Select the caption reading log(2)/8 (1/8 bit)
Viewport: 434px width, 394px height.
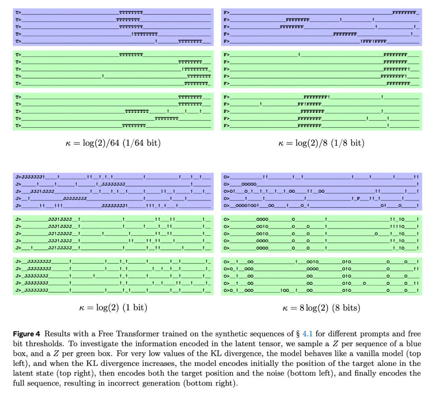(321, 143)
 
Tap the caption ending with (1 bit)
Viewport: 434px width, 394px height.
(113, 308)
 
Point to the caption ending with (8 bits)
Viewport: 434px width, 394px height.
(321, 308)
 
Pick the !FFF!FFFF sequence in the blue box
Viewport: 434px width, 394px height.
(373, 41)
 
